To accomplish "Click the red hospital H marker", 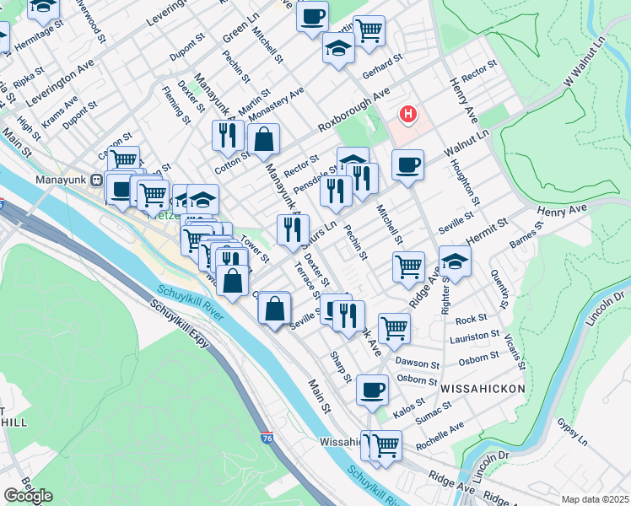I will point(409,114).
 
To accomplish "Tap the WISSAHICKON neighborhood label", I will point(483,388).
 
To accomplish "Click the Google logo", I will point(28,496).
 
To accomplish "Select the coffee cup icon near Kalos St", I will point(372,390).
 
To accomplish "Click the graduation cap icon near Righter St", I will point(455,261).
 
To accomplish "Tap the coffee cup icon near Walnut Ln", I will point(407,164).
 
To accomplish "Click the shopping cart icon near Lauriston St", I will point(394,327).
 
